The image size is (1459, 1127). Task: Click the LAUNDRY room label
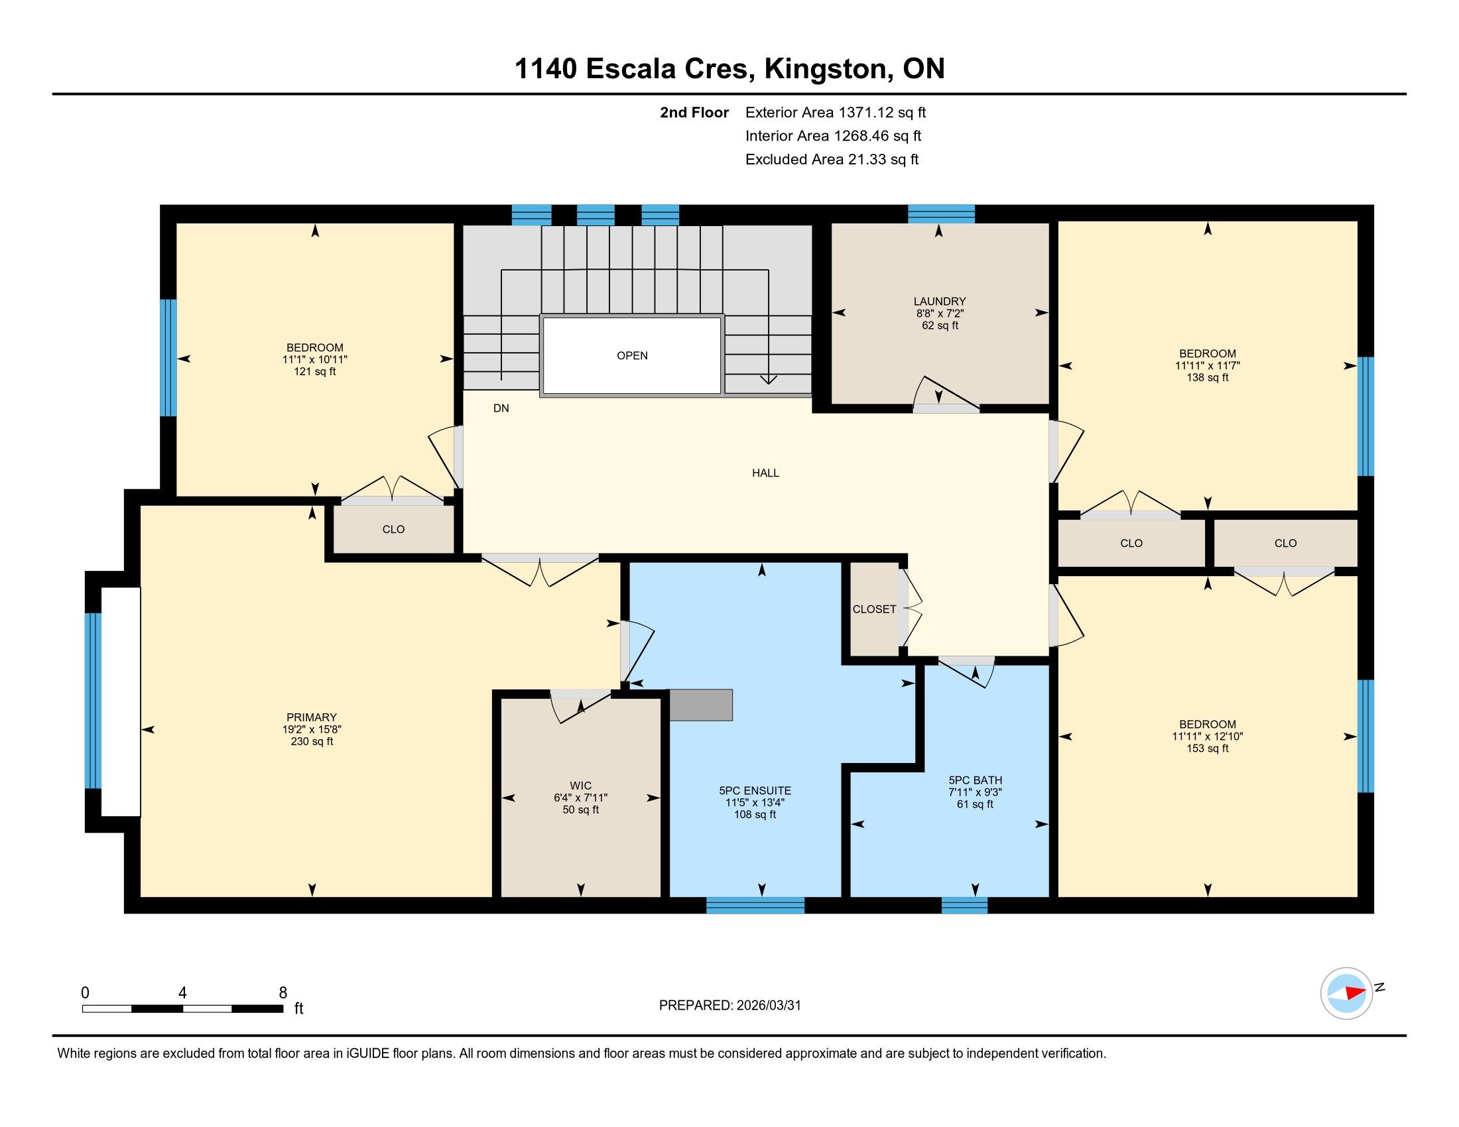[939, 302]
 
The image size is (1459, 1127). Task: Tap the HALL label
[765, 473]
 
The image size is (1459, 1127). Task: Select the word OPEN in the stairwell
[632, 356]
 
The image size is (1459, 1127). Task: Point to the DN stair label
[501, 408]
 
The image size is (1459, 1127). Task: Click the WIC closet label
[580, 786]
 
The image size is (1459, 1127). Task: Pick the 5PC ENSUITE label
[755, 790]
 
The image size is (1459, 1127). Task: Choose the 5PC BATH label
[976, 780]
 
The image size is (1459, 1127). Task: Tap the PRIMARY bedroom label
[311, 718]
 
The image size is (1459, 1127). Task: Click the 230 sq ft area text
[311, 742]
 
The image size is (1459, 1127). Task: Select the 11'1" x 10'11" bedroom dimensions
[314, 360]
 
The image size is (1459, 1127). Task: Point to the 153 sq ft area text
[1207, 748]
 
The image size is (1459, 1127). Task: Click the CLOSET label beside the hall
[874, 609]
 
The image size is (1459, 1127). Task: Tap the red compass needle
[1356, 993]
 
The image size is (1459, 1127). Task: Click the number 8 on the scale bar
[283, 993]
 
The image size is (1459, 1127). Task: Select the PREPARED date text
[729, 1006]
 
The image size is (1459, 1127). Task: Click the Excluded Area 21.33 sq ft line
[832, 160]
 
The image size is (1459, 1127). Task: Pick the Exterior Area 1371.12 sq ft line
[836, 113]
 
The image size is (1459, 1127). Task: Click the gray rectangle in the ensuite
[701, 705]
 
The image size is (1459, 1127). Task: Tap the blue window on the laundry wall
[941, 213]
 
